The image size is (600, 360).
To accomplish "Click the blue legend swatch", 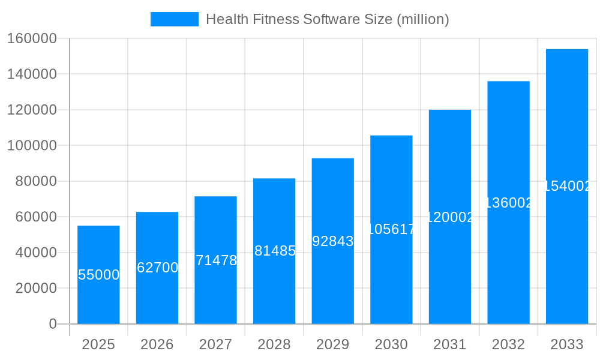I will (174, 19).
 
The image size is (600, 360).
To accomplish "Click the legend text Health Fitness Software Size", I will (327, 19).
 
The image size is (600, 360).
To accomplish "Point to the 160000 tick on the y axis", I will (32, 39).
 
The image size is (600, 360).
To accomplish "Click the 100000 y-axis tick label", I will (32, 146).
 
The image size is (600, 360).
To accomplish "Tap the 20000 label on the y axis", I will (36, 289).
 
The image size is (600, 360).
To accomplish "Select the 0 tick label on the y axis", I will (53, 324).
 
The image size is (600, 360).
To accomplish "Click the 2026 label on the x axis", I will (157, 344).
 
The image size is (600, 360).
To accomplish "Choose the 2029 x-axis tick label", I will (332, 344).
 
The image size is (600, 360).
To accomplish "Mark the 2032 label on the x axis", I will (508, 344).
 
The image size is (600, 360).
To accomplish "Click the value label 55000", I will (99, 275).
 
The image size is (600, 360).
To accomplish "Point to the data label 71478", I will (216, 260).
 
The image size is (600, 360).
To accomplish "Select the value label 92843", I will (333, 241).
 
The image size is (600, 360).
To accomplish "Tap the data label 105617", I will (391, 229).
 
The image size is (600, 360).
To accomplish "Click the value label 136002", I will (508, 203).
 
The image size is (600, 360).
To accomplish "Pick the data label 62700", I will (157, 268).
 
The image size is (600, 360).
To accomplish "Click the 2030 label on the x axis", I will (391, 344).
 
